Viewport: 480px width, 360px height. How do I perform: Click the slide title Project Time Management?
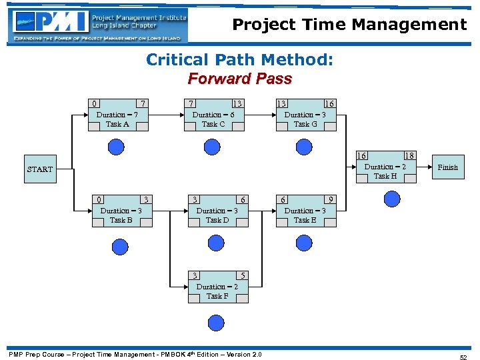[349, 25]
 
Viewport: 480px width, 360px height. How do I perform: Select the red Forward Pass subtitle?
[239, 79]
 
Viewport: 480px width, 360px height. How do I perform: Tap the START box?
[40, 169]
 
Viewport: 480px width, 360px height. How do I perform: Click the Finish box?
[447, 167]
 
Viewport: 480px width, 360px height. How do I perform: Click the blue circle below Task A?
[117, 147]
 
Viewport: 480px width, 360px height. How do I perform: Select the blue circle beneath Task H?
[392, 199]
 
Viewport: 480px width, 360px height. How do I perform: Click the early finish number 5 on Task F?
[243, 275]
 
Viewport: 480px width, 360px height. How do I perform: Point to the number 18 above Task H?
[410, 155]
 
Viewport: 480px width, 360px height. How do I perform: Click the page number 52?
[463, 357]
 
